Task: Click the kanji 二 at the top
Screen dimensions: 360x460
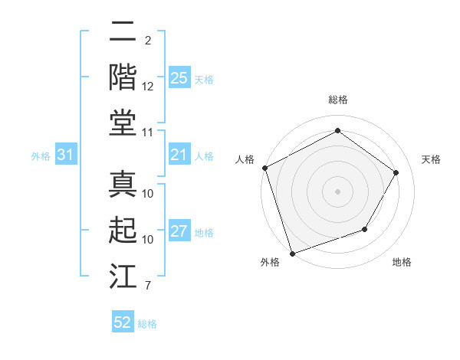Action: point(123,34)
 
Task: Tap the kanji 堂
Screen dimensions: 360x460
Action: point(123,123)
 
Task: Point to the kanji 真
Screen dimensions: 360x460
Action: point(123,185)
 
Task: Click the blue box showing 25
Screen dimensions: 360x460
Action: point(179,78)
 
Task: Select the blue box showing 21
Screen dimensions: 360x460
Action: point(179,155)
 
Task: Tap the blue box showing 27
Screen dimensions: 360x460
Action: point(179,232)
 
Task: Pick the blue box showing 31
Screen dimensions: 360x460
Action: point(65,155)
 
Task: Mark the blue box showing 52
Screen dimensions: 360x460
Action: point(123,322)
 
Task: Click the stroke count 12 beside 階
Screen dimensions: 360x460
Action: point(148,86)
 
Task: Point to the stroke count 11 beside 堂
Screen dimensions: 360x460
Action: point(148,133)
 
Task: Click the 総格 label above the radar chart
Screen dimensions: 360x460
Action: point(337,100)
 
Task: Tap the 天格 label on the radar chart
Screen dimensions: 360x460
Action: point(431,159)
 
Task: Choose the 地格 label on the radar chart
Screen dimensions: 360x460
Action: point(402,263)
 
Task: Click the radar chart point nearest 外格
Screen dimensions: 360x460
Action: point(293,252)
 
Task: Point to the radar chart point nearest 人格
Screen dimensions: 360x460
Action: point(264,167)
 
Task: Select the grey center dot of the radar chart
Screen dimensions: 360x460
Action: point(337,191)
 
